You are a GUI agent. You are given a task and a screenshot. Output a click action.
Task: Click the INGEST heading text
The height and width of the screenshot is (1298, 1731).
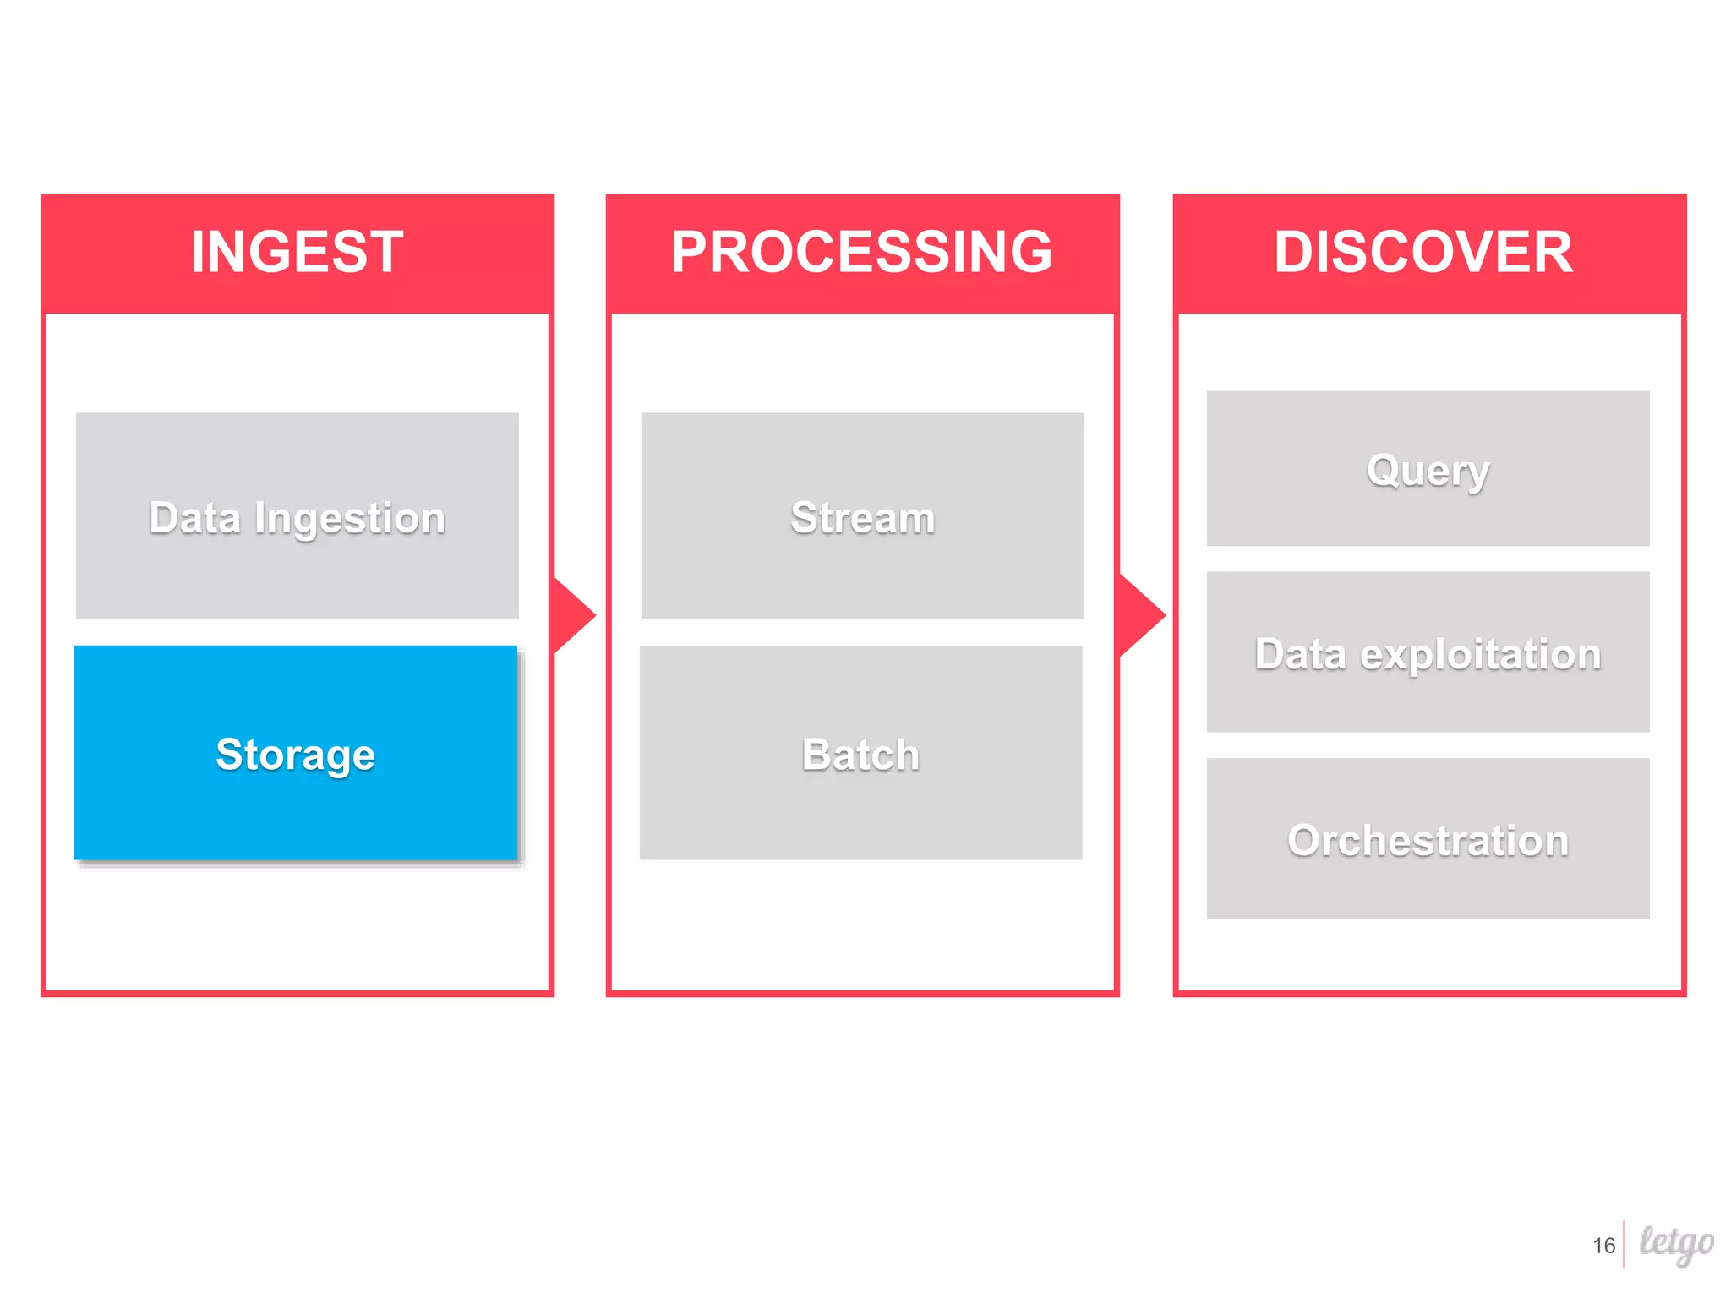click(x=298, y=252)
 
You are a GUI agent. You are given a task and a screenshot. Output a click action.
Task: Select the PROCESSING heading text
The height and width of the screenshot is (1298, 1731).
click(x=862, y=252)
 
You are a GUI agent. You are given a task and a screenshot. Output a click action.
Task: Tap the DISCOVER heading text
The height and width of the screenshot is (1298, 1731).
click(x=1424, y=252)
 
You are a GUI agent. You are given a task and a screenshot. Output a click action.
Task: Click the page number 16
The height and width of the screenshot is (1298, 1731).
click(x=1603, y=1246)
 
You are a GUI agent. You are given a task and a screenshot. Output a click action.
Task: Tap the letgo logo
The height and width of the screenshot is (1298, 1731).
click(x=1676, y=1243)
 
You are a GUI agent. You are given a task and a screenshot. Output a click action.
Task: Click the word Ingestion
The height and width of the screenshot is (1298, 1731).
click(x=349, y=519)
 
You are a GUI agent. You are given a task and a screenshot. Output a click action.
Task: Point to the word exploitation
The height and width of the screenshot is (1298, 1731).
click(x=1480, y=655)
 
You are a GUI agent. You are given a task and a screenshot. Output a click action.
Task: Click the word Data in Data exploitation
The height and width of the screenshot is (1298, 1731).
click(x=1300, y=655)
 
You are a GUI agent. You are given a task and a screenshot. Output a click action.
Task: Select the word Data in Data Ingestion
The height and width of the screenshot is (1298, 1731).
click(x=194, y=518)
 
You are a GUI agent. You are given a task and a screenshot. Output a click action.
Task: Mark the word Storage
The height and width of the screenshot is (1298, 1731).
click(x=295, y=755)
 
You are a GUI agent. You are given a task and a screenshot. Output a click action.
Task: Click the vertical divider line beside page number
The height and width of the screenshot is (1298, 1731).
click(x=1624, y=1245)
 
